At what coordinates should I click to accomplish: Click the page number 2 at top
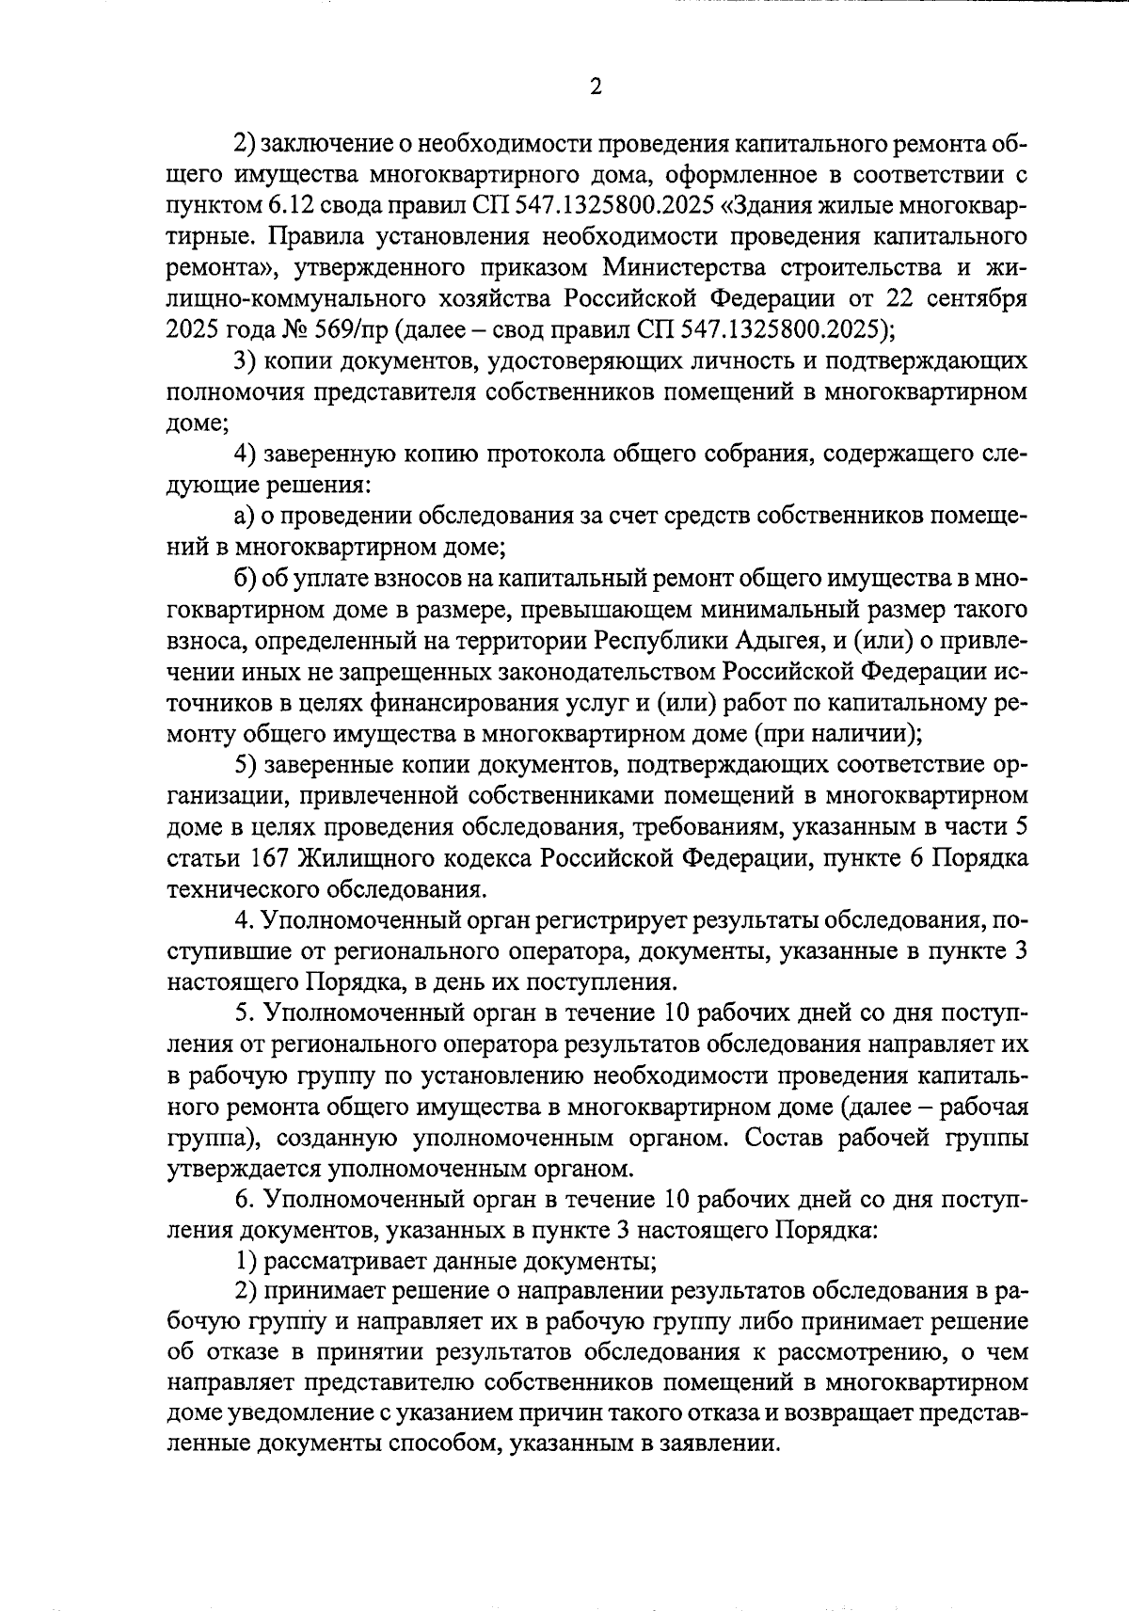tap(595, 87)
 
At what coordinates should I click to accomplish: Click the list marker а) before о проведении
tap(244, 517)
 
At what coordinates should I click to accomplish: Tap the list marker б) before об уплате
tap(245, 579)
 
